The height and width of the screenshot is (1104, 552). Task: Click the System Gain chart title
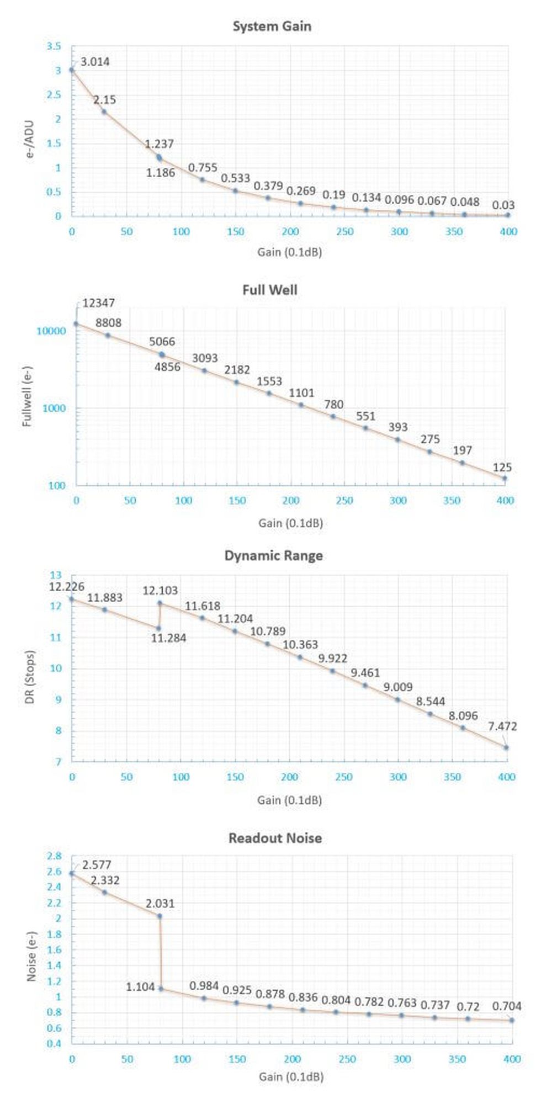pyautogui.click(x=272, y=26)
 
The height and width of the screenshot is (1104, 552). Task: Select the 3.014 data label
pyautogui.click(x=95, y=62)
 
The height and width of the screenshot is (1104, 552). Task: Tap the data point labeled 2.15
pyautogui.click(x=104, y=112)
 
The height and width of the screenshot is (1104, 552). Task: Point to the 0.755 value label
pyautogui.click(x=203, y=168)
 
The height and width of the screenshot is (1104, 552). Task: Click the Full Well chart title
pyautogui.click(x=270, y=290)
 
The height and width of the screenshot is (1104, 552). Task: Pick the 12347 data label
pyautogui.click(x=99, y=302)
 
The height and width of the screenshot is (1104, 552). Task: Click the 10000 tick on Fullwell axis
pyautogui.click(x=51, y=331)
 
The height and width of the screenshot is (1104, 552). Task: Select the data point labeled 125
pyautogui.click(x=505, y=478)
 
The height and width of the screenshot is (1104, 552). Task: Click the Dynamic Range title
pyautogui.click(x=273, y=555)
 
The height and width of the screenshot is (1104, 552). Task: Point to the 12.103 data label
pyautogui.click(x=160, y=591)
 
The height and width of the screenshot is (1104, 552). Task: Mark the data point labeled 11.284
pyautogui.click(x=158, y=628)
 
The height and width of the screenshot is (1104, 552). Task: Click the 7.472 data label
pyautogui.click(x=502, y=726)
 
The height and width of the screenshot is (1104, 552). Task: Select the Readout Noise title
pyautogui.click(x=275, y=838)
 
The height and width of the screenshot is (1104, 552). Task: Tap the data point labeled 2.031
pyautogui.click(x=160, y=916)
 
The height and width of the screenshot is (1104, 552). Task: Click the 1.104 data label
pyautogui.click(x=140, y=987)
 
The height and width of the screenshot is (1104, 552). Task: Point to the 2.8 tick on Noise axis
pyautogui.click(x=54, y=856)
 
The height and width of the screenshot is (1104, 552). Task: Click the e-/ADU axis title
pyautogui.click(x=29, y=139)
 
